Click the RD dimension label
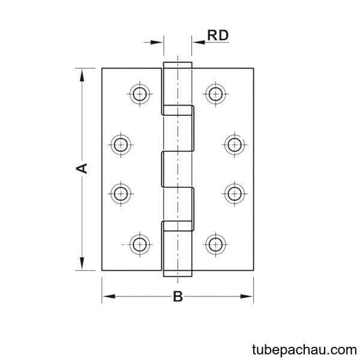click(x=218, y=35)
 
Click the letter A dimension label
click(x=82, y=168)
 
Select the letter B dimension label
click(x=178, y=296)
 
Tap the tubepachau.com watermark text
click(x=304, y=350)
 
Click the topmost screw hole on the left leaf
click(x=140, y=94)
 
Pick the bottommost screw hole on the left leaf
click(x=140, y=245)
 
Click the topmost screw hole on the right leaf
click(x=215, y=94)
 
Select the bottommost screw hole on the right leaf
click(x=215, y=245)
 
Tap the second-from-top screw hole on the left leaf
click(x=121, y=145)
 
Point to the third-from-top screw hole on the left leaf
click(x=121, y=194)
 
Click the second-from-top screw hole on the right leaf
click(x=235, y=145)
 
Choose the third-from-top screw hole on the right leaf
click(x=235, y=194)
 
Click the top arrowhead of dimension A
click(x=82, y=75)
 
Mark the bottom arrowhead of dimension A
click(x=82, y=263)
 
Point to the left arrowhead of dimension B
click(x=109, y=296)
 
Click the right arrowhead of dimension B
click(x=247, y=296)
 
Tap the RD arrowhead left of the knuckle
click(x=157, y=42)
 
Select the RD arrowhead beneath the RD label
click(x=199, y=42)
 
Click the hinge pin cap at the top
click(x=178, y=65)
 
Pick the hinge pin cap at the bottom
click(x=178, y=274)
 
